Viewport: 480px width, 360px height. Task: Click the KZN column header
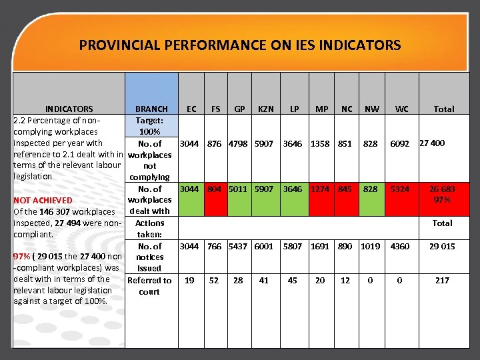tap(264, 109)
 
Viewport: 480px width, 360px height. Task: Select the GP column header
tap(238, 109)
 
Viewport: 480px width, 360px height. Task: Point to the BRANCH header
tap(151, 109)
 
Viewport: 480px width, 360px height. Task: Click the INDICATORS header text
tap(69, 109)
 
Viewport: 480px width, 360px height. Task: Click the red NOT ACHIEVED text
tap(43, 200)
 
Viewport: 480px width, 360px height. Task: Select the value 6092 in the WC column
tap(400, 144)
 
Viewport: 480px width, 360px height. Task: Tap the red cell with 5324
tap(400, 189)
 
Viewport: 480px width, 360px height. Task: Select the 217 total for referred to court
tap(443, 281)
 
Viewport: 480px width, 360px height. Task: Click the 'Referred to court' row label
tap(149, 286)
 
